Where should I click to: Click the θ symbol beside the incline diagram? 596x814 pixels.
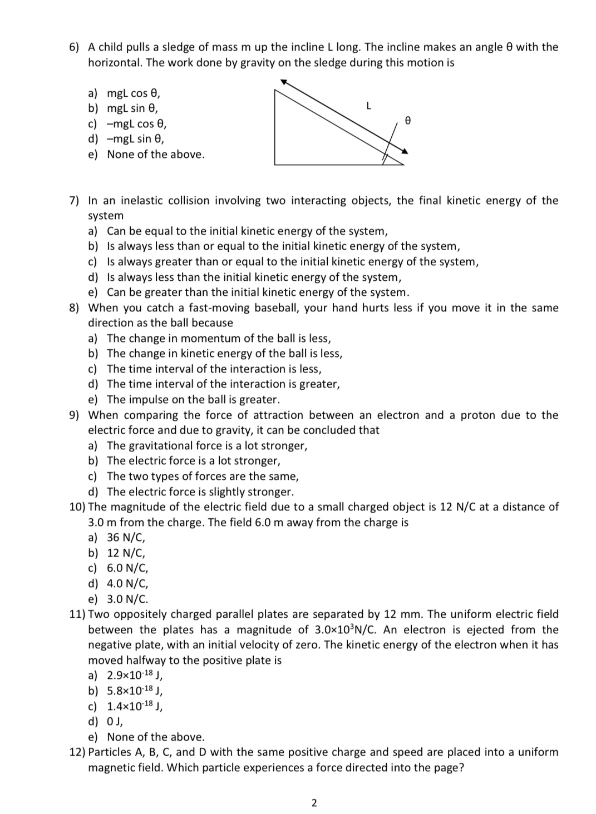pos(408,120)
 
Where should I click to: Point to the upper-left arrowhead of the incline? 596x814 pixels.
pos(283,82)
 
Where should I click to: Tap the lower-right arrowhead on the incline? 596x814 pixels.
pos(405,151)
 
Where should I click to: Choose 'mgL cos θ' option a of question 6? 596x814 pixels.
pos(134,93)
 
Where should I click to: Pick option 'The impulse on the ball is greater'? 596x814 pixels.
pos(193,399)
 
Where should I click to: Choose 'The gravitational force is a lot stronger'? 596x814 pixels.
pos(206,445)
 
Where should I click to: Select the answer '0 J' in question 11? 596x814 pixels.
pos(115,721)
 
